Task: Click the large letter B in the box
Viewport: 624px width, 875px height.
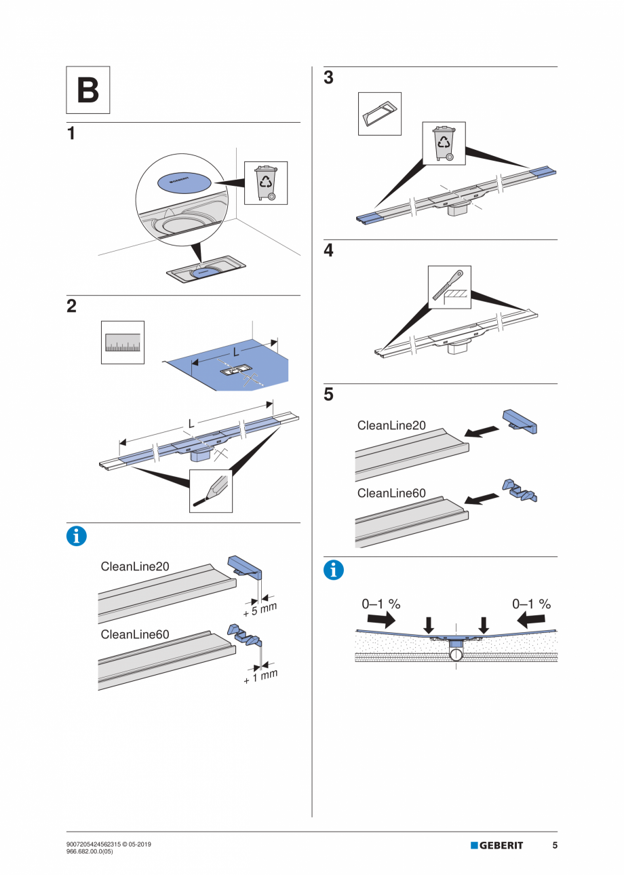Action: click(87, 90)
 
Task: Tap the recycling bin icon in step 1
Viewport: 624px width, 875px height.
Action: click(265, 182)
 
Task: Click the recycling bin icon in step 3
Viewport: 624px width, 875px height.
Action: click(444, 143)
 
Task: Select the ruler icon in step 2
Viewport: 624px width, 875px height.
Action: click(122, 343)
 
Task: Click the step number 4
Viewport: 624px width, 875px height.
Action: click(328, 251)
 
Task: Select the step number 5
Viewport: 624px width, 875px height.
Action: click(328, 395)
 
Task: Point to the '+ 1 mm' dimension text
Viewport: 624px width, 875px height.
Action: click(260, 676)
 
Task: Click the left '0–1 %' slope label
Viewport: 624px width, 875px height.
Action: click(381, 604)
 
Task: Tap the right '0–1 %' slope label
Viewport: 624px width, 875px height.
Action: click(531, 604)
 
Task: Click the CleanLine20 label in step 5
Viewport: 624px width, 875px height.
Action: click(391, 425)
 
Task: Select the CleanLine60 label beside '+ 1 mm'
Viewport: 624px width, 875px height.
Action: click(135, 634)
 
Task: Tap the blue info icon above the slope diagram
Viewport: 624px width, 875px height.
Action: click(333, 570)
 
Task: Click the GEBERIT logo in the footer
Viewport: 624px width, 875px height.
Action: click(496, 845)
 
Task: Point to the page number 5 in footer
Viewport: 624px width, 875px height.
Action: click(555, 845)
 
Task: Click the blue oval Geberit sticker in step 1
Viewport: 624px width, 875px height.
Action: click(184, 181)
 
